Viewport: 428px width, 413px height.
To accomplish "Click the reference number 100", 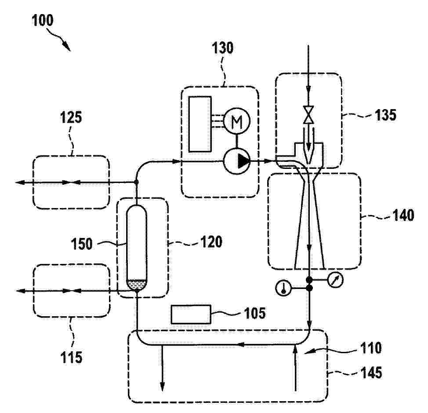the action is click(43, 21).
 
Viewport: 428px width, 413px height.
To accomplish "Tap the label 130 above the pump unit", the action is click(223, 48).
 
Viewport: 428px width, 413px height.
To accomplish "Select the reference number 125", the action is click(71, 117).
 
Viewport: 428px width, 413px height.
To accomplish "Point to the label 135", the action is click(385, 115).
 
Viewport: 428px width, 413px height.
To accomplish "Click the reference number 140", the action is click(403, 215).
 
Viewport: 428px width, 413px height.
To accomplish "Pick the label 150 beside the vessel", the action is click(82, 244).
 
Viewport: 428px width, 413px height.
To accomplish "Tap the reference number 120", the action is click(211, 242).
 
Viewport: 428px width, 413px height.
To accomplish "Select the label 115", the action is click(71, 357).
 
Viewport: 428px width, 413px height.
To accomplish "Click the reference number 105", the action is click(255, 313).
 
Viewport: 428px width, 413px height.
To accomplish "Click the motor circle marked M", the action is click(237, 121).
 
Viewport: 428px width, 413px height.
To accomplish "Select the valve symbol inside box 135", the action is click(309, 115).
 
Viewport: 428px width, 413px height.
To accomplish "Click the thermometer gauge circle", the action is click(283, 289).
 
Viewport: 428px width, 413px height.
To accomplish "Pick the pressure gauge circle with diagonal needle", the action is click(335, 280).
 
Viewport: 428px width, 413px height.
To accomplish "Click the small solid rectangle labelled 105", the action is click(191, 314).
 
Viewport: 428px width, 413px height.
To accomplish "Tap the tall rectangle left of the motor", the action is click(200, 124).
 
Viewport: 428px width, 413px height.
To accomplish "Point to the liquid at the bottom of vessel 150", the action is click(137, 285).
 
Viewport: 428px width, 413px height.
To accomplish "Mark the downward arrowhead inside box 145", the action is click(162, 387).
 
